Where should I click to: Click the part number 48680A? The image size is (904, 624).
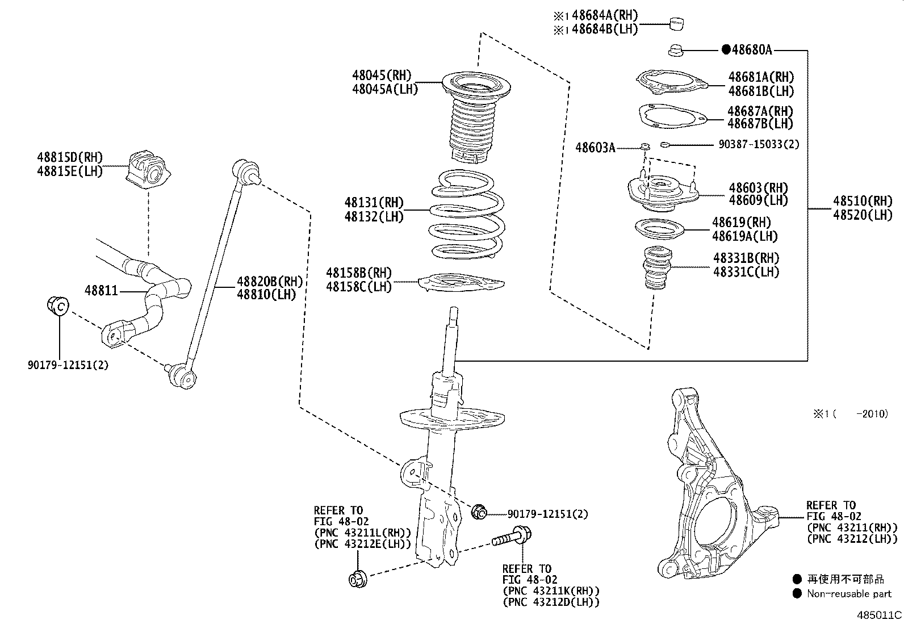tap(752, 50)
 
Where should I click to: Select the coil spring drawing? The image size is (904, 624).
tap(465, 216)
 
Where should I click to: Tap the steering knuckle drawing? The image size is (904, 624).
tap(710, 488)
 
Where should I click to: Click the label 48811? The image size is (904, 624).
tap(101, 291)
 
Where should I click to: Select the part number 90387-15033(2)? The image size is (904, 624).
tap(758, 145)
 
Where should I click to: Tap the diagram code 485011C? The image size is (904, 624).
tap(880, 614)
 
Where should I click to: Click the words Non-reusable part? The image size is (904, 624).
tap(849, 594)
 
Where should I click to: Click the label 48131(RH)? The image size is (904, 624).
tap(374, 203)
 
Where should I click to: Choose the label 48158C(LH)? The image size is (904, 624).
tap(359, 287)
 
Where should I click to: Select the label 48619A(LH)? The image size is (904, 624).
tap(744, 236)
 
